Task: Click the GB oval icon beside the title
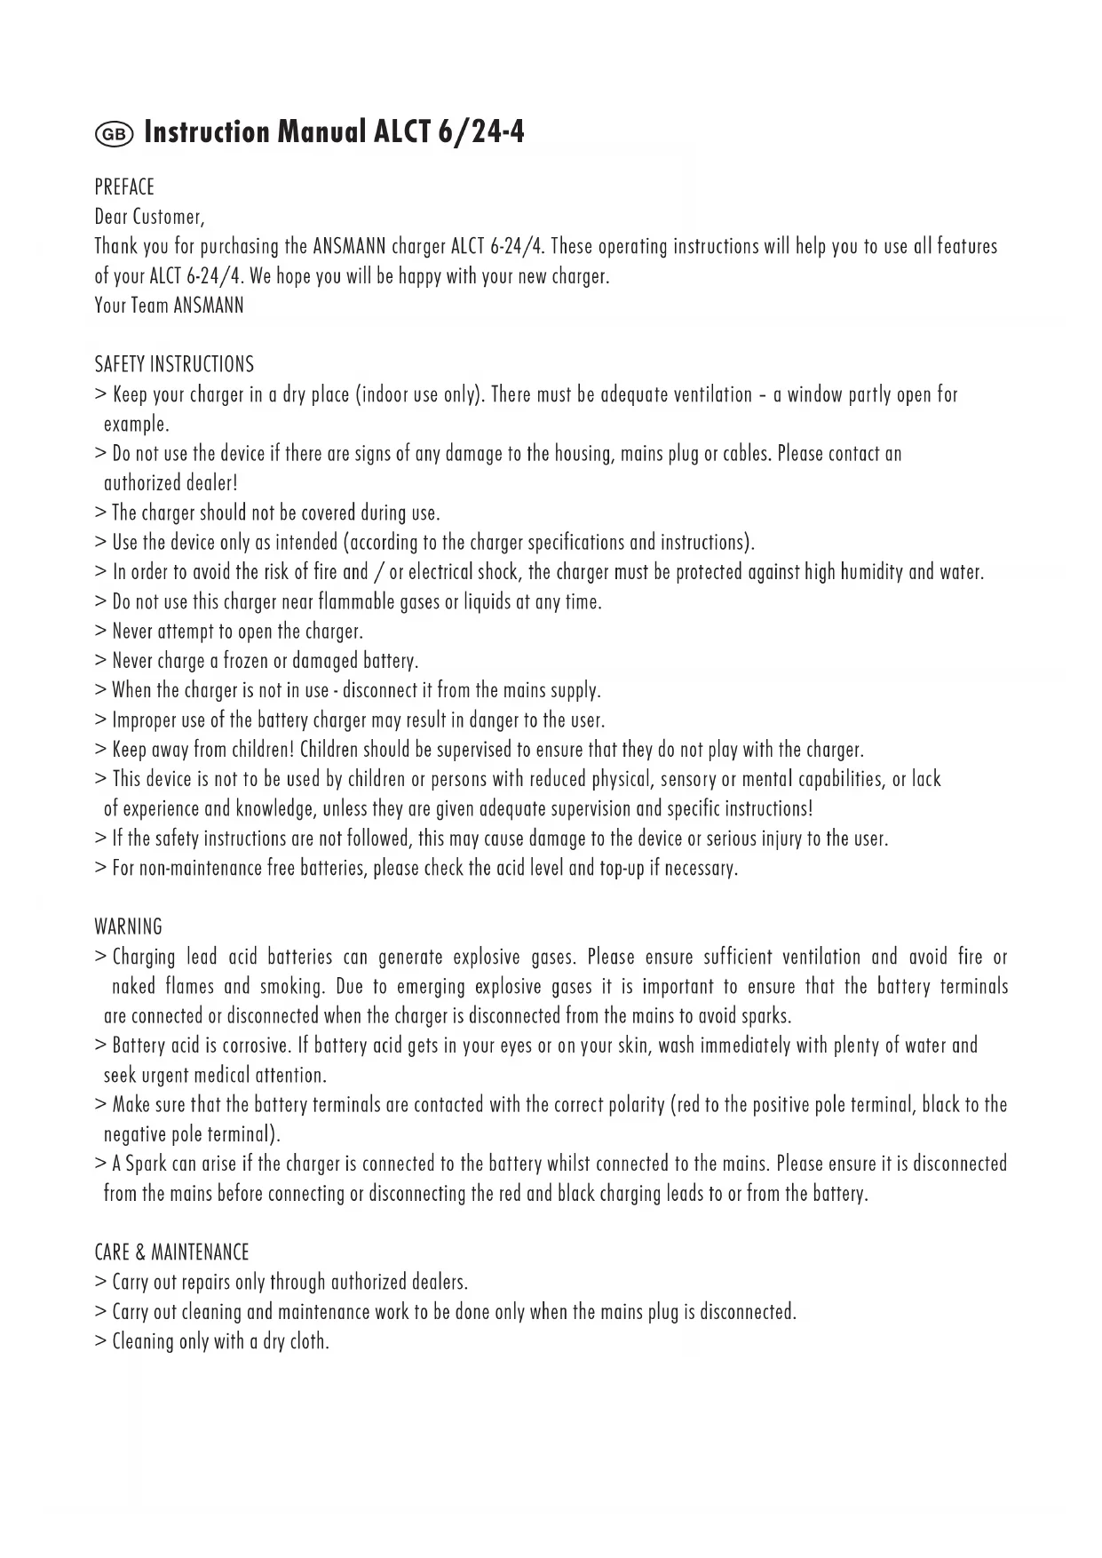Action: tap(114, 134)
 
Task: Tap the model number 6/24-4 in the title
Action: tap(480, 132)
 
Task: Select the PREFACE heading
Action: tap(124, 187)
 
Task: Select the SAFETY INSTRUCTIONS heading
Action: tap(174, 365)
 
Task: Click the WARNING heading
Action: tap(128, 927)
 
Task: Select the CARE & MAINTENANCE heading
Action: tap(171, 1253)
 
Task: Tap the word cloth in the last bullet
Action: tap(308, 1342)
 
